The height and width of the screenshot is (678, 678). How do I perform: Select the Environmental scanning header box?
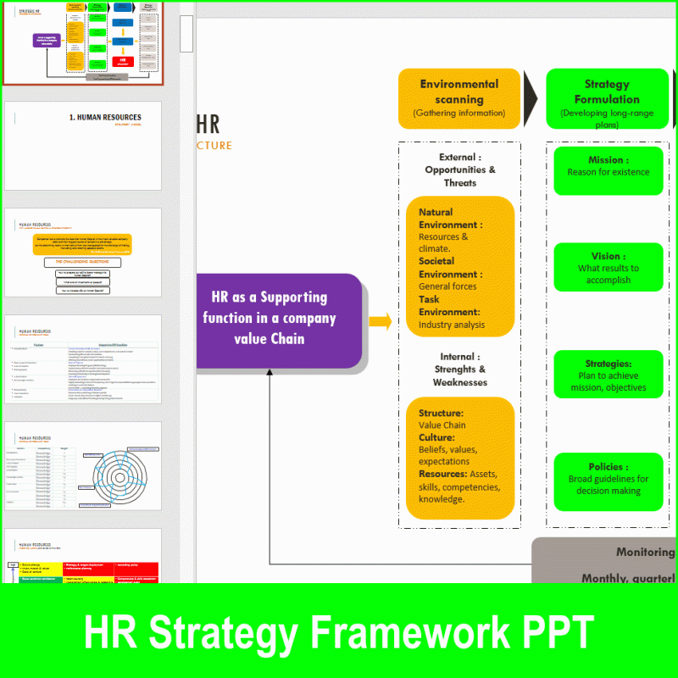(458, 98)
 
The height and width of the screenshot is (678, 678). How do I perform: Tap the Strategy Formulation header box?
(607, 98)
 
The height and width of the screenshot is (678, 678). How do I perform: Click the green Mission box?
(608, 170)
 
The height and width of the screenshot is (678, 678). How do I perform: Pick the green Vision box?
(608, 267)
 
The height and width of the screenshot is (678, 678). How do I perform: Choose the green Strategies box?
(608, 375)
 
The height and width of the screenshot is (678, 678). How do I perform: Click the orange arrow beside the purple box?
(381, 321)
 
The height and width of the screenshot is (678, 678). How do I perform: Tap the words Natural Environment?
(449, 219)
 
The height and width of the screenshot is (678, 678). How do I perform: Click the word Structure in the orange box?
(440, 413)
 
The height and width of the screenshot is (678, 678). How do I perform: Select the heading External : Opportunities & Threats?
(459, 169)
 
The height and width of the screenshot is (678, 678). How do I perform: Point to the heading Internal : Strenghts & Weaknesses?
(459, 370)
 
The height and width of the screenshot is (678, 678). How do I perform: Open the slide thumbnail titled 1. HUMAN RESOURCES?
(82, 146)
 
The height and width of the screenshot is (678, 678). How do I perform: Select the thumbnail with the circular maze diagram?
(82, 466)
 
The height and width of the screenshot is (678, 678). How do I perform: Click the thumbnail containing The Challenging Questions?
(82, 253)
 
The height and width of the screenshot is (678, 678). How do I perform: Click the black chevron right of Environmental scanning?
(531, 98)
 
